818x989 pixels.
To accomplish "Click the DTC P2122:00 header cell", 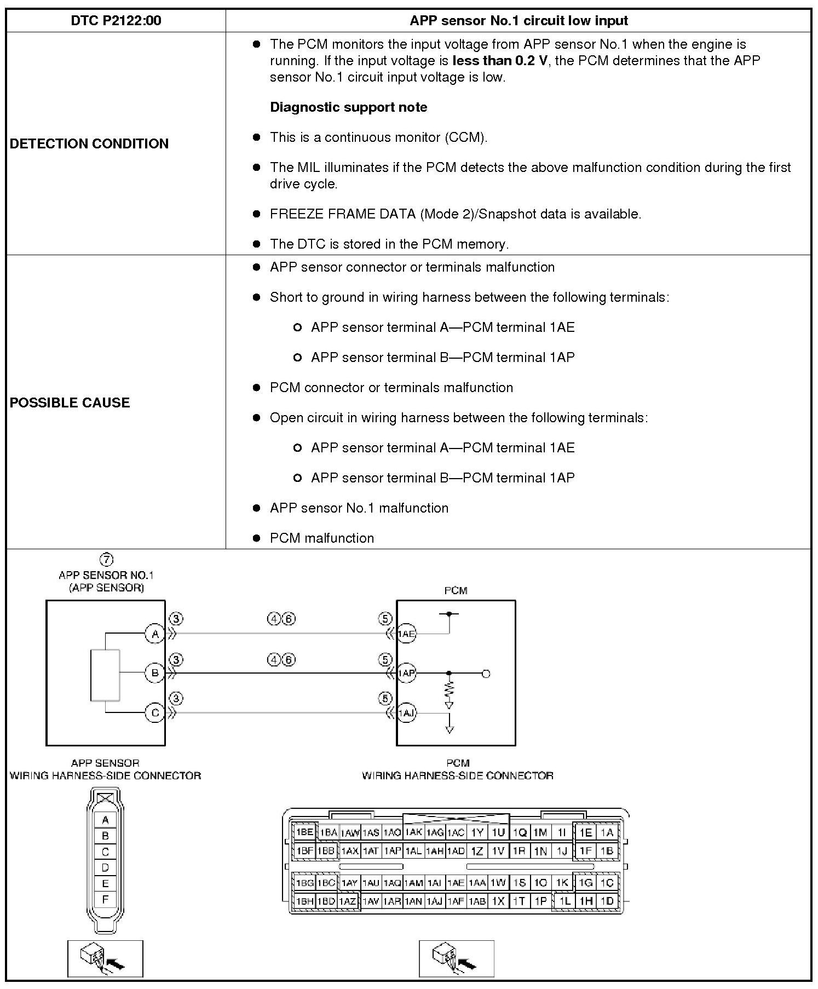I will pos(116,21).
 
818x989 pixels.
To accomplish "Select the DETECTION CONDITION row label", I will pos(89,143).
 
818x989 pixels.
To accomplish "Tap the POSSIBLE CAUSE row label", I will pos(70,403).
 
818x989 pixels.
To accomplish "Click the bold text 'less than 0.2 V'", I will pos(500,60).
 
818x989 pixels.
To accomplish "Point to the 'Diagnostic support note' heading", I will pos(349,107).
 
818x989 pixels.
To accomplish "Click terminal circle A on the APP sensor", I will pos(155,634).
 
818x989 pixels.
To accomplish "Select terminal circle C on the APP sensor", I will pos(155,713).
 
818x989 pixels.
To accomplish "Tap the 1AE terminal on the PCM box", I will pos(406,634).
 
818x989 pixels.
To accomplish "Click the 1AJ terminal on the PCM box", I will pos(406,713).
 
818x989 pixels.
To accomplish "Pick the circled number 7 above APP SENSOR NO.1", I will pos(106,559).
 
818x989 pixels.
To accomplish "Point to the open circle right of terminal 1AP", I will pos(486,674).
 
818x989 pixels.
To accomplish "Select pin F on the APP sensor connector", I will pos(105,899).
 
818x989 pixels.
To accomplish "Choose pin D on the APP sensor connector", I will pos(105,867).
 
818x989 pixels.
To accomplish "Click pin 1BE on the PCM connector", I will pos(304,832).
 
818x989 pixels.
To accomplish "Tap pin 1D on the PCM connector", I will pos(607,901).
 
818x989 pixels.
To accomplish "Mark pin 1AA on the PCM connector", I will pos(477,883).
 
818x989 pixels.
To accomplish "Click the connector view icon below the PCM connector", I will pos(456,958).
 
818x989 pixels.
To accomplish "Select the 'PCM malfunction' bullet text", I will pos(322,538).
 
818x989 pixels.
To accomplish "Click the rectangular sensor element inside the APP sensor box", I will pos(105,675).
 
